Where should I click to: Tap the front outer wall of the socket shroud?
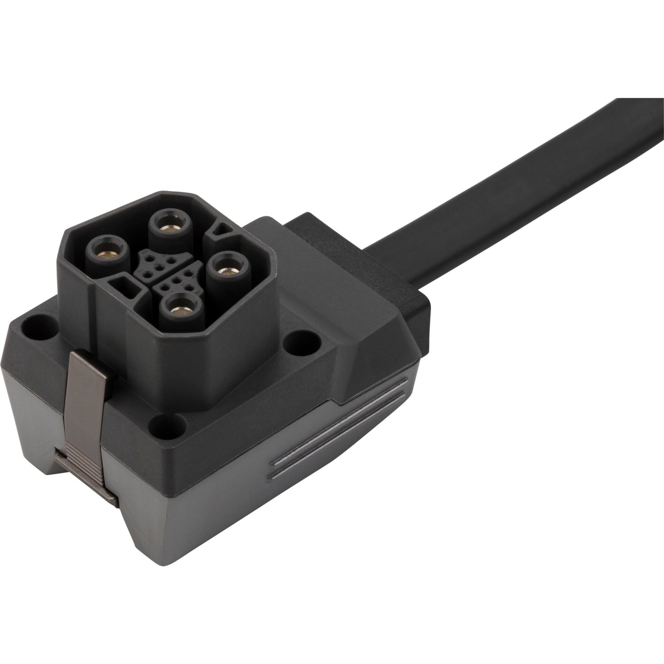pos(184,368)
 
